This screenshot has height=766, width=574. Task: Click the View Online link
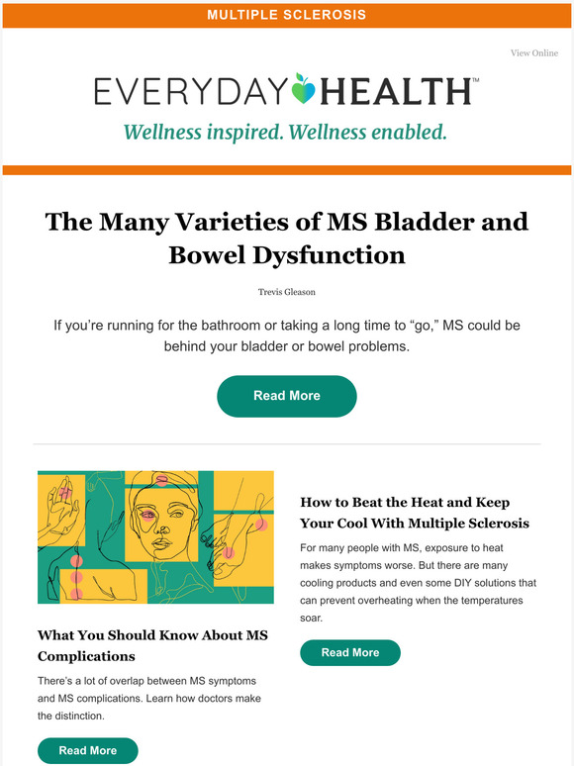tap(533, 53)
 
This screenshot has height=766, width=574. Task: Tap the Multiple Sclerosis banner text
tap(286, 15)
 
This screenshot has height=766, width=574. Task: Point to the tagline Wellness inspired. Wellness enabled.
tap(284, 131)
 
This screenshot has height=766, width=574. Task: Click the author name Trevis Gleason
tap(287, 291)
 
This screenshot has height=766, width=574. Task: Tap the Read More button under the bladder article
tap(287, 396)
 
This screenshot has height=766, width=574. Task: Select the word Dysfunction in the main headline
tap(335, 254)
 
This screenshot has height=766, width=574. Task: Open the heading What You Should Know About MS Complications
tap(152, 645)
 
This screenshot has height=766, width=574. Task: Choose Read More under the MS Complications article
tap(88, 751)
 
